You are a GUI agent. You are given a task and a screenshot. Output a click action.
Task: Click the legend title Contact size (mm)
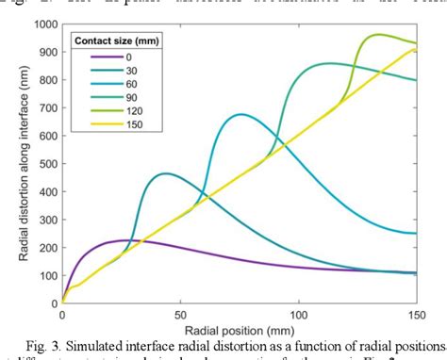118,42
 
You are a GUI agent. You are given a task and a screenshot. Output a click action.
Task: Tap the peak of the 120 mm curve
380,34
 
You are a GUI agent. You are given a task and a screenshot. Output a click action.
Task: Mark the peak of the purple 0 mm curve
123,239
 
